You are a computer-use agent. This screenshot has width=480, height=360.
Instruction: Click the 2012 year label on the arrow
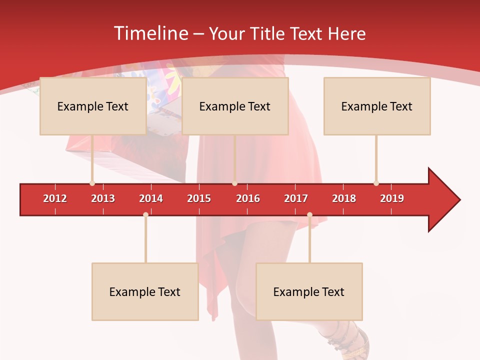click(55, 198)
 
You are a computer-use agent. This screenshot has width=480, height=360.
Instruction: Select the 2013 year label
click(103, 198)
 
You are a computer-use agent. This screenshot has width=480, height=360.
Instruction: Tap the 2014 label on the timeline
click(151, 198)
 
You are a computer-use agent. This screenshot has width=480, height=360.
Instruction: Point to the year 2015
click(199, 198)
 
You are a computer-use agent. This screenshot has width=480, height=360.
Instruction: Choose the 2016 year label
click(248, 198)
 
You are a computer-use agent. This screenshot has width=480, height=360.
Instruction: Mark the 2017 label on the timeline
click(296, 198)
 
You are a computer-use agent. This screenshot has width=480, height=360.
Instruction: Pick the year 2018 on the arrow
click(344, 198)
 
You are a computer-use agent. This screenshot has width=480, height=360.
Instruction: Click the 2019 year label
click(392, 198)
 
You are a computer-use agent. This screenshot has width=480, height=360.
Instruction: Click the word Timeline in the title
click(150, 33)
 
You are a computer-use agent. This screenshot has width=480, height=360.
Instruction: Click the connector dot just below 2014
click(145, 215)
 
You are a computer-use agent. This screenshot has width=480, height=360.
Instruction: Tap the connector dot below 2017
click(309, 215)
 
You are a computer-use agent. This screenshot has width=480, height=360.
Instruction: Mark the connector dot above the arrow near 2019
click(376, 183)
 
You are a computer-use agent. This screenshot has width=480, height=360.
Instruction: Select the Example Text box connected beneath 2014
click(145, 292)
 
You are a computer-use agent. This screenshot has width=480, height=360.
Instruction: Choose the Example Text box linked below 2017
click(309, 292)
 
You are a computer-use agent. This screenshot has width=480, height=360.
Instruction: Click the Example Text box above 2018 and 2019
click(377, 106)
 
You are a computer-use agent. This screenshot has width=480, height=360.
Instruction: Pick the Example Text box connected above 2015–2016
click(235, 106)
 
